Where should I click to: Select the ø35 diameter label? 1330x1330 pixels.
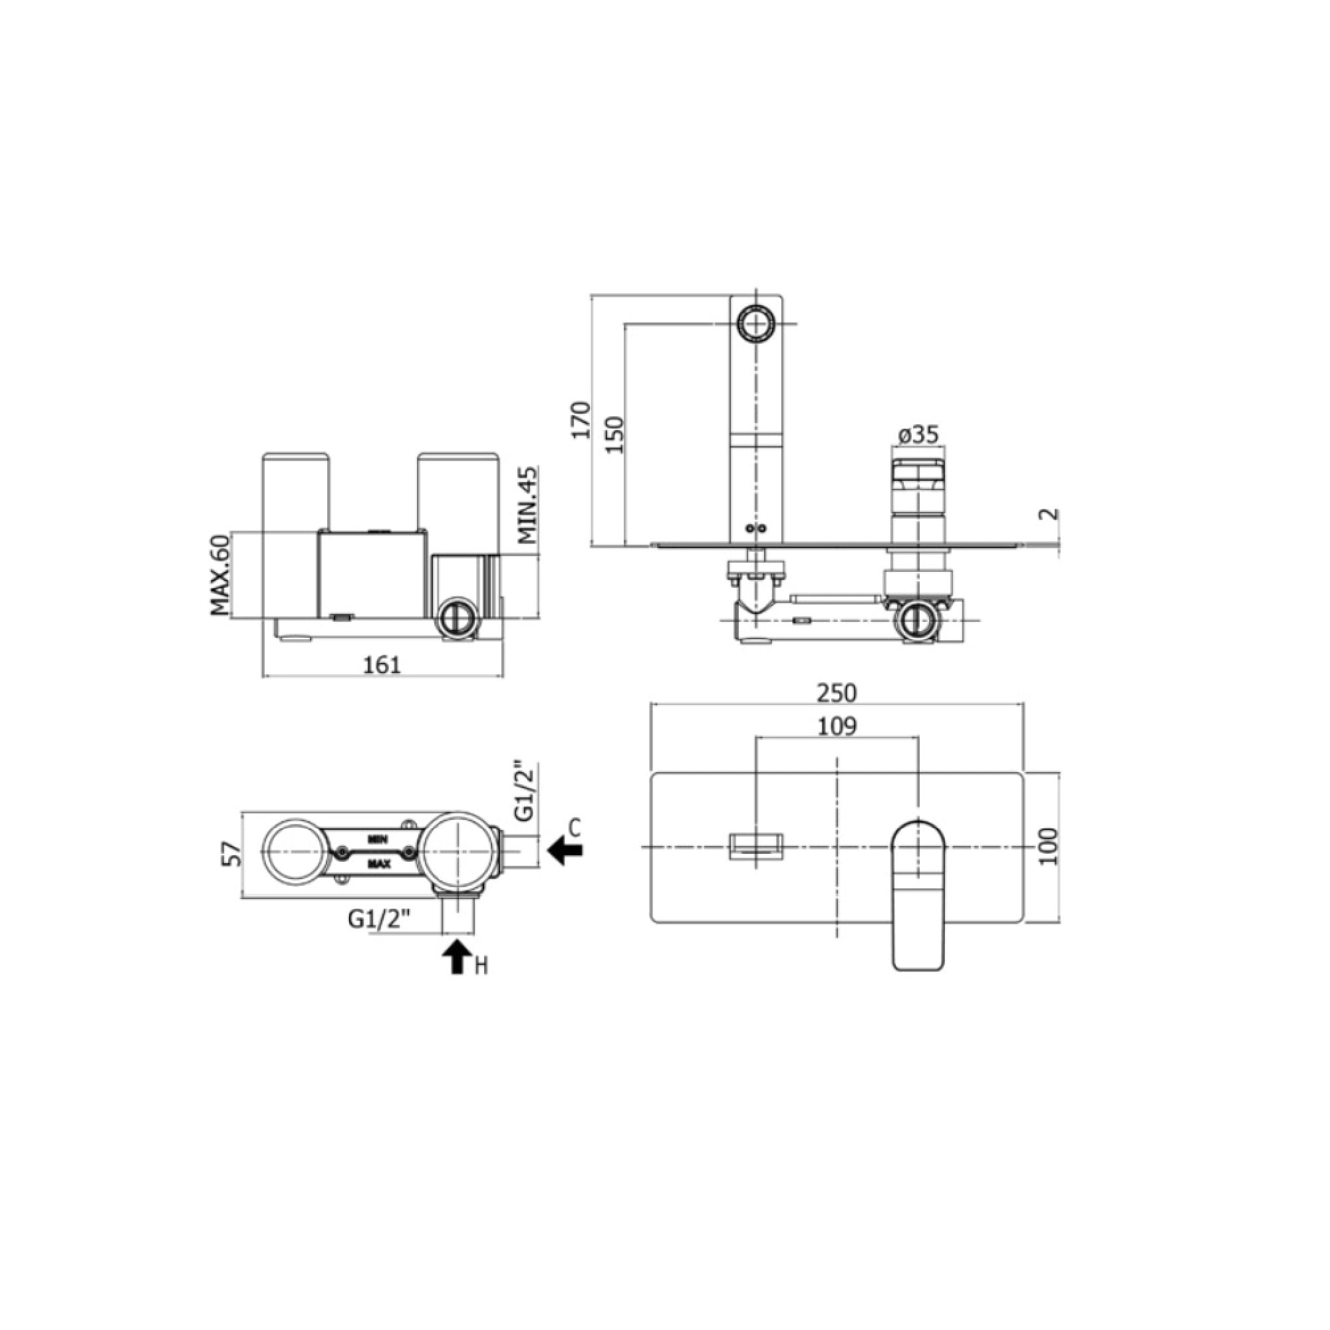point(918,434)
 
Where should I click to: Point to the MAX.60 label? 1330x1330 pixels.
point(219,575)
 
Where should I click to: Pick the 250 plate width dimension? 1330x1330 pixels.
point(837,692)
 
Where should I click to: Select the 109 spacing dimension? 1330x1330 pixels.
point(837,726)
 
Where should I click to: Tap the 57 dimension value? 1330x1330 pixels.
point(235,855)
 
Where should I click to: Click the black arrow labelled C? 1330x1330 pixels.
point(565,851)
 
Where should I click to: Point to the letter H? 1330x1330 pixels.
point(481,966)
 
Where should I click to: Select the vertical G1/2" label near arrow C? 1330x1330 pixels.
point(525,791)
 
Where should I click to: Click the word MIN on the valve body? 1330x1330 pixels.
point(377,840)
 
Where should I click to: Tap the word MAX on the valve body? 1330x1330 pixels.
point(378,863)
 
